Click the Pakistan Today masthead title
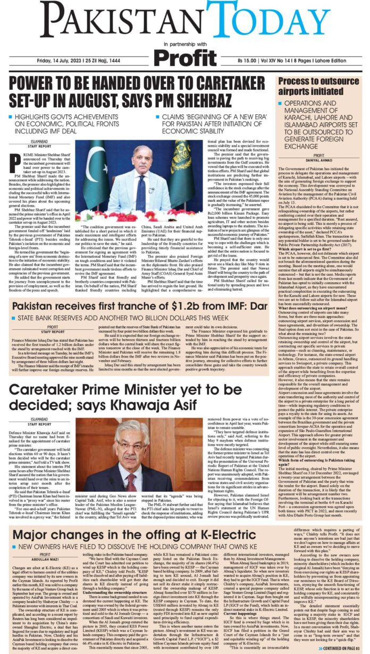[x=184, y=20]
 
